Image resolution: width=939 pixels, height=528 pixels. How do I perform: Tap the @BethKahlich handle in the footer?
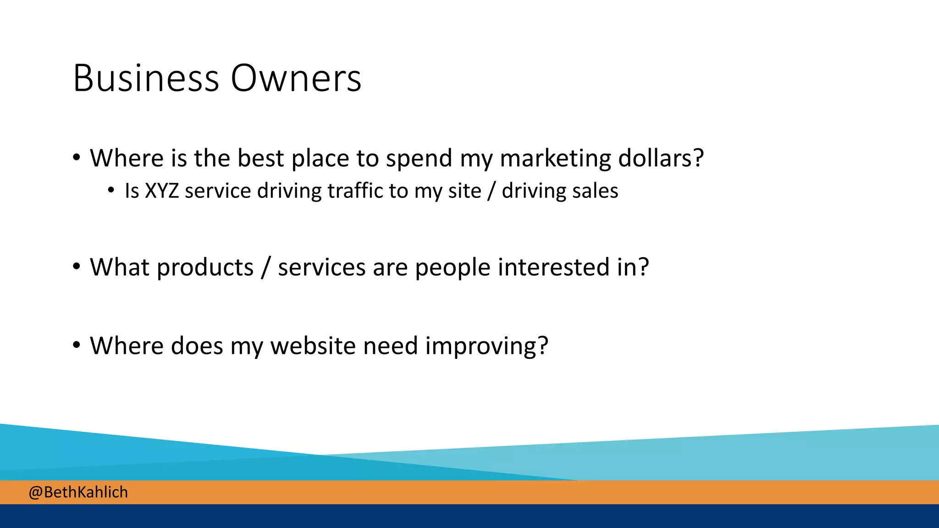coord(78,492)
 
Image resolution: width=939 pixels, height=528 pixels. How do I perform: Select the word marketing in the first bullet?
coord(555,159)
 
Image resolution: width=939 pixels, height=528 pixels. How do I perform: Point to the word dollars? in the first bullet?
coord(661,158)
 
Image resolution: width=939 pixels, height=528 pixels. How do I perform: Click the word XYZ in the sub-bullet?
coord(162,191)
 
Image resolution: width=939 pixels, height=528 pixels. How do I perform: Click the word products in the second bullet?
coord(205,268)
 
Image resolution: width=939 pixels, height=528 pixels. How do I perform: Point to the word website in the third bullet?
coord(313,346)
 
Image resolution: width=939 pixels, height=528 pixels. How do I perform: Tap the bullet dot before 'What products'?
coord(77,267)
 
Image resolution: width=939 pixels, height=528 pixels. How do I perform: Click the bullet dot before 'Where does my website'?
coord(77,345)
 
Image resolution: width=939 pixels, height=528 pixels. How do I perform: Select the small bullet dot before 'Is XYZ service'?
coord(111,190)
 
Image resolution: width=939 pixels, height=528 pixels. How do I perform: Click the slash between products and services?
coord(265,268)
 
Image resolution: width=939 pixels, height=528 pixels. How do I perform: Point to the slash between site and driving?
coord(492,191)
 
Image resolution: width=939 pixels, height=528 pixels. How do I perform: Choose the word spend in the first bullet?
coord(419,159)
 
